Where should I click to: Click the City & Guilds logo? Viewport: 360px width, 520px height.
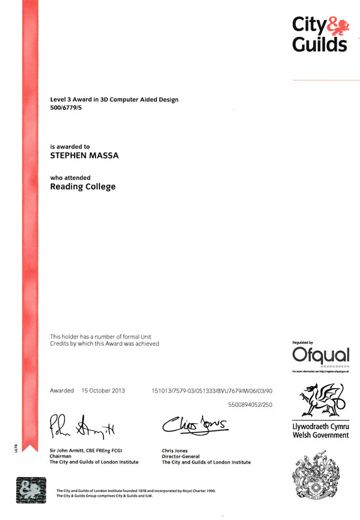coord(320,34)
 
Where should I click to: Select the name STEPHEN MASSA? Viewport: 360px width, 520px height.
coord(83,156)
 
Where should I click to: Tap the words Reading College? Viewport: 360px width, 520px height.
coord(83,187)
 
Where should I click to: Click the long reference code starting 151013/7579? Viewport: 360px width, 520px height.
coord(212,391)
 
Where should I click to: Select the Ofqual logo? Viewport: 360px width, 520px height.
coord(320,356)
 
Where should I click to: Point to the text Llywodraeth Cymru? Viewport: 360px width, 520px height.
coord(321,426)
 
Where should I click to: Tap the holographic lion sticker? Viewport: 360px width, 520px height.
coord(31,491)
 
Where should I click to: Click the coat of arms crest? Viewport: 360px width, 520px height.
coord(321,482)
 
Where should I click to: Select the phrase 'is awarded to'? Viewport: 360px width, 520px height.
coord(70,147)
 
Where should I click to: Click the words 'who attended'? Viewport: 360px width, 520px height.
coord(70,177)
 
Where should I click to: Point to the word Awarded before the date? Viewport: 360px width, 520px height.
coord(62,391)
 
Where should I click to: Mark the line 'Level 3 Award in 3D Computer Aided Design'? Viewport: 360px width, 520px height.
coord(114,99)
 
